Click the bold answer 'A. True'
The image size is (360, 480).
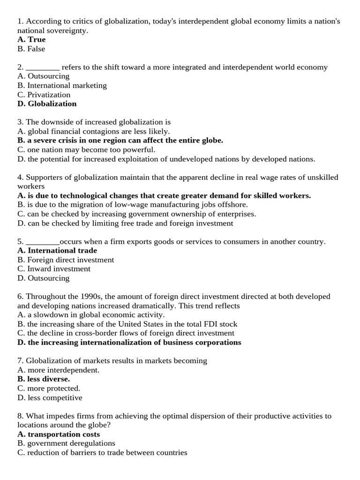31,39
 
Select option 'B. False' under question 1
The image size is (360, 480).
31,49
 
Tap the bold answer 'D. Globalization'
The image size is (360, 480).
47,104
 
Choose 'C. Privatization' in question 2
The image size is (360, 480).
44,95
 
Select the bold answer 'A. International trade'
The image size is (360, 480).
57,250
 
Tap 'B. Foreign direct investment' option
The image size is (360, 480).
66,260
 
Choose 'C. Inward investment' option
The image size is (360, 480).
54,269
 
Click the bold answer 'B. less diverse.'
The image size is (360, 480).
44,379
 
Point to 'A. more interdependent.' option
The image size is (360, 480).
58,370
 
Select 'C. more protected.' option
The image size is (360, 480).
49,388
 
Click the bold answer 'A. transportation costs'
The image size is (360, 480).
59,434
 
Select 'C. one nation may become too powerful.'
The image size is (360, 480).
86,150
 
